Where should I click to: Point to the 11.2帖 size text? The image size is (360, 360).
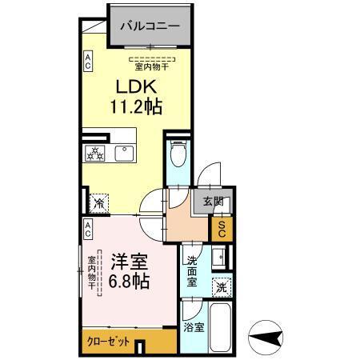[136, 106]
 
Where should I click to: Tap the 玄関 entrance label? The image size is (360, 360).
[212, 202]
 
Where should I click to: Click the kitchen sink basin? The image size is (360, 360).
[125, 154]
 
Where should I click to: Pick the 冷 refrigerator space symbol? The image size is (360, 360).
[98, 203]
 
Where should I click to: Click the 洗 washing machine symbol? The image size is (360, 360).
[221, 286]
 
